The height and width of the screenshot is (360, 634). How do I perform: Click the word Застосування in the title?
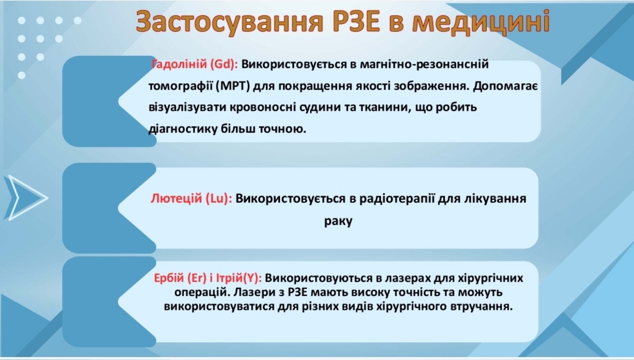(x=229, y=23)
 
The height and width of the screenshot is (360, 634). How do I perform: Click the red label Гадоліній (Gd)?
(x=195, y=64)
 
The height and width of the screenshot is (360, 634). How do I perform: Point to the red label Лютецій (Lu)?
(x=191, y=199)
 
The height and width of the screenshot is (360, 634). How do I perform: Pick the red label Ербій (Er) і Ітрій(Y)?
(x=208, y=278)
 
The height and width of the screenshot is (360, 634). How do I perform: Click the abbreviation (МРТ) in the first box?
(x=233, y=86)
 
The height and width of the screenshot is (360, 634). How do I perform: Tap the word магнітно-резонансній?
(x=424, y=64)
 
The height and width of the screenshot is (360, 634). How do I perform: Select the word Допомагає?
(x=505, y=86)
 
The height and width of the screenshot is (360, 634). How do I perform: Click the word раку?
(x=338, y=221)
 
